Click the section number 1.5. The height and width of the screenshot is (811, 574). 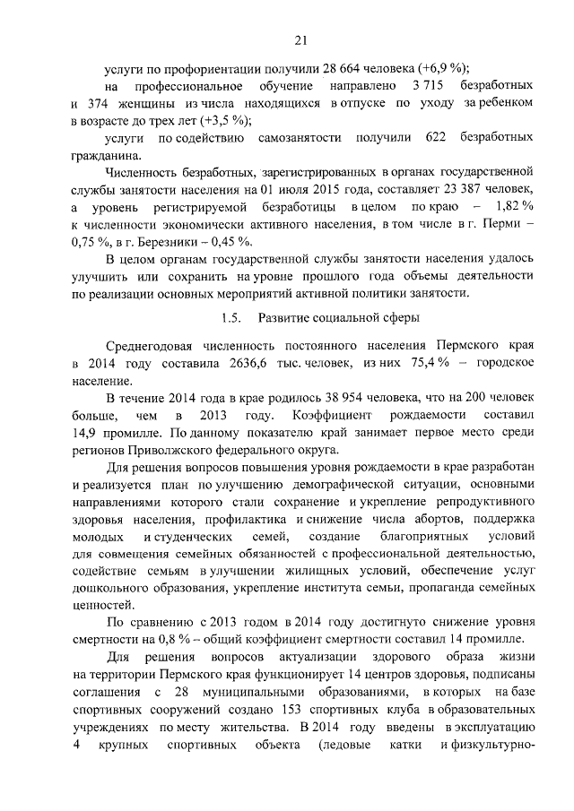pyautogui.click(x=230, y=318)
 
